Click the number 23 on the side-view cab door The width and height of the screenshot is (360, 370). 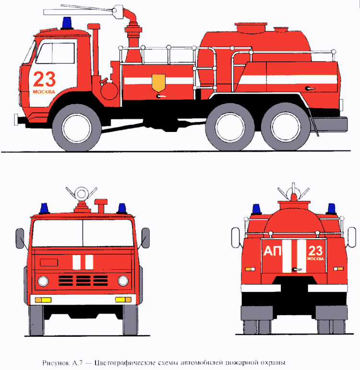coord(44,79)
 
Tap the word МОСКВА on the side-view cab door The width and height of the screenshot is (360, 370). coord(44,92)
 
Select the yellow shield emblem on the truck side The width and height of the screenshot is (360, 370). coord(158,83)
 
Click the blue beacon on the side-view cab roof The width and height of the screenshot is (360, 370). coord(67,23)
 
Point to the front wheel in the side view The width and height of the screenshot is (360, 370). coord(76,128)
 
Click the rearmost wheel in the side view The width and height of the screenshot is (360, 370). coord(286,127)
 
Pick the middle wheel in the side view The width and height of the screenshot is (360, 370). coord(230,127)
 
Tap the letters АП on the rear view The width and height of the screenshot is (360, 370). coord(273,251)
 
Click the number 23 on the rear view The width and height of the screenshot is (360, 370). coord(315,251)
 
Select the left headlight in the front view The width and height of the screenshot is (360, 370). coord(43,281)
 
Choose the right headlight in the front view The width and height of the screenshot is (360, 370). coord(123,281)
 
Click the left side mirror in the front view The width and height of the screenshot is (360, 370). coord(20,239)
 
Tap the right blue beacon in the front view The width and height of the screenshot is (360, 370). coord(122,208)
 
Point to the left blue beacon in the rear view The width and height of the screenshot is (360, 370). coord(257,209)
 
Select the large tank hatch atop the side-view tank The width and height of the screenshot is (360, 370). coord(251,28)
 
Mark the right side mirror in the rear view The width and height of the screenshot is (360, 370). coord(352,237)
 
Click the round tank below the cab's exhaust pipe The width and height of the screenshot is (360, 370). coord(109,90)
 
